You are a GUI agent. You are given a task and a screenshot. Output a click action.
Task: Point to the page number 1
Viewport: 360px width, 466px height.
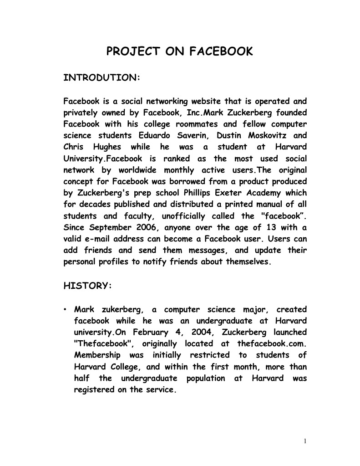pyautogui.click(x=306, y=441)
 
